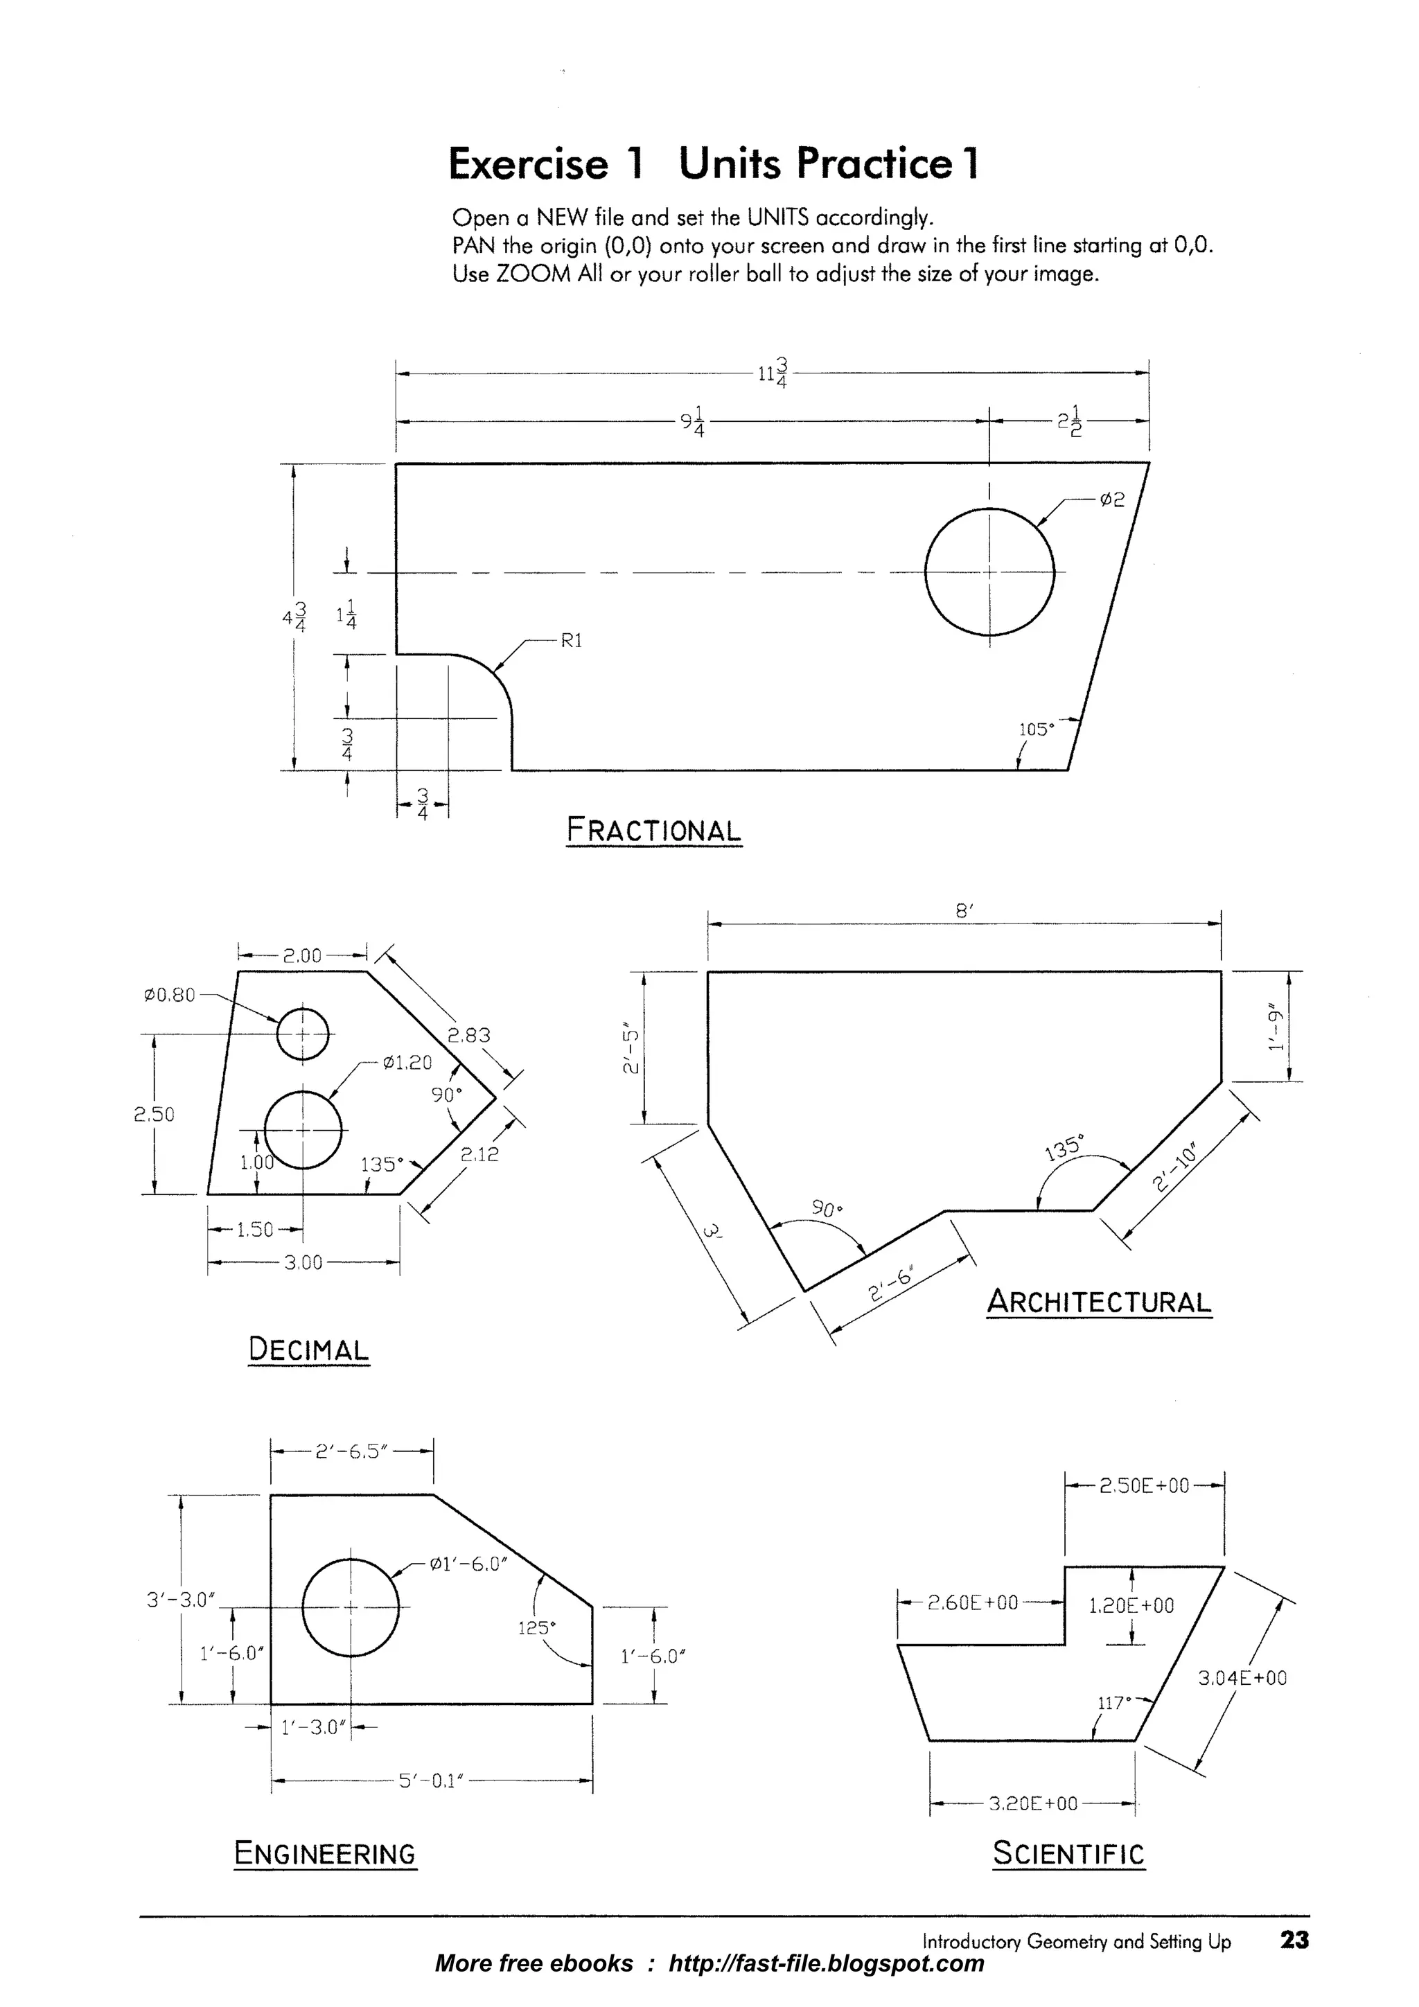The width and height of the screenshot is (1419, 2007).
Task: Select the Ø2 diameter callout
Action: [1111, 500]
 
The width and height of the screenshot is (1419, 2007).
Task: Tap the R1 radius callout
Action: [570, 641]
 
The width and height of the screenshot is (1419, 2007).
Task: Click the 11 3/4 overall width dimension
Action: [773, 373]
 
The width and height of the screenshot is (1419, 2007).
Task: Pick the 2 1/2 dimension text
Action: [1069, 421]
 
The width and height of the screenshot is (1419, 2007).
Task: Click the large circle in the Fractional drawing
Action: [989, 572]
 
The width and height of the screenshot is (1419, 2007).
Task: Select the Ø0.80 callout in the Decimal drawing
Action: [169, 995]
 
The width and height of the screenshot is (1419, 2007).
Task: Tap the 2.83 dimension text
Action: [470, 1036]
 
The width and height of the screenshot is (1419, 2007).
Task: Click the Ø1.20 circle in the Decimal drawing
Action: [303, 1129]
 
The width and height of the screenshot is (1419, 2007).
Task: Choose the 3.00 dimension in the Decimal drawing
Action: [303, 1262]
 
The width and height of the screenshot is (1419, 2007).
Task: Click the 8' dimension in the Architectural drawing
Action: [964, 911]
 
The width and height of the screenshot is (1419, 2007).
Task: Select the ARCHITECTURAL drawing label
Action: [1099, 1302]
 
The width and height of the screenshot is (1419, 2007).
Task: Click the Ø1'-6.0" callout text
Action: [468, 1564]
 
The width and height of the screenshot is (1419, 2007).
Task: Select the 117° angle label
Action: [1114, 1702]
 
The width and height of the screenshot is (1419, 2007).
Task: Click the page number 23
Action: [1294, 1940]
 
